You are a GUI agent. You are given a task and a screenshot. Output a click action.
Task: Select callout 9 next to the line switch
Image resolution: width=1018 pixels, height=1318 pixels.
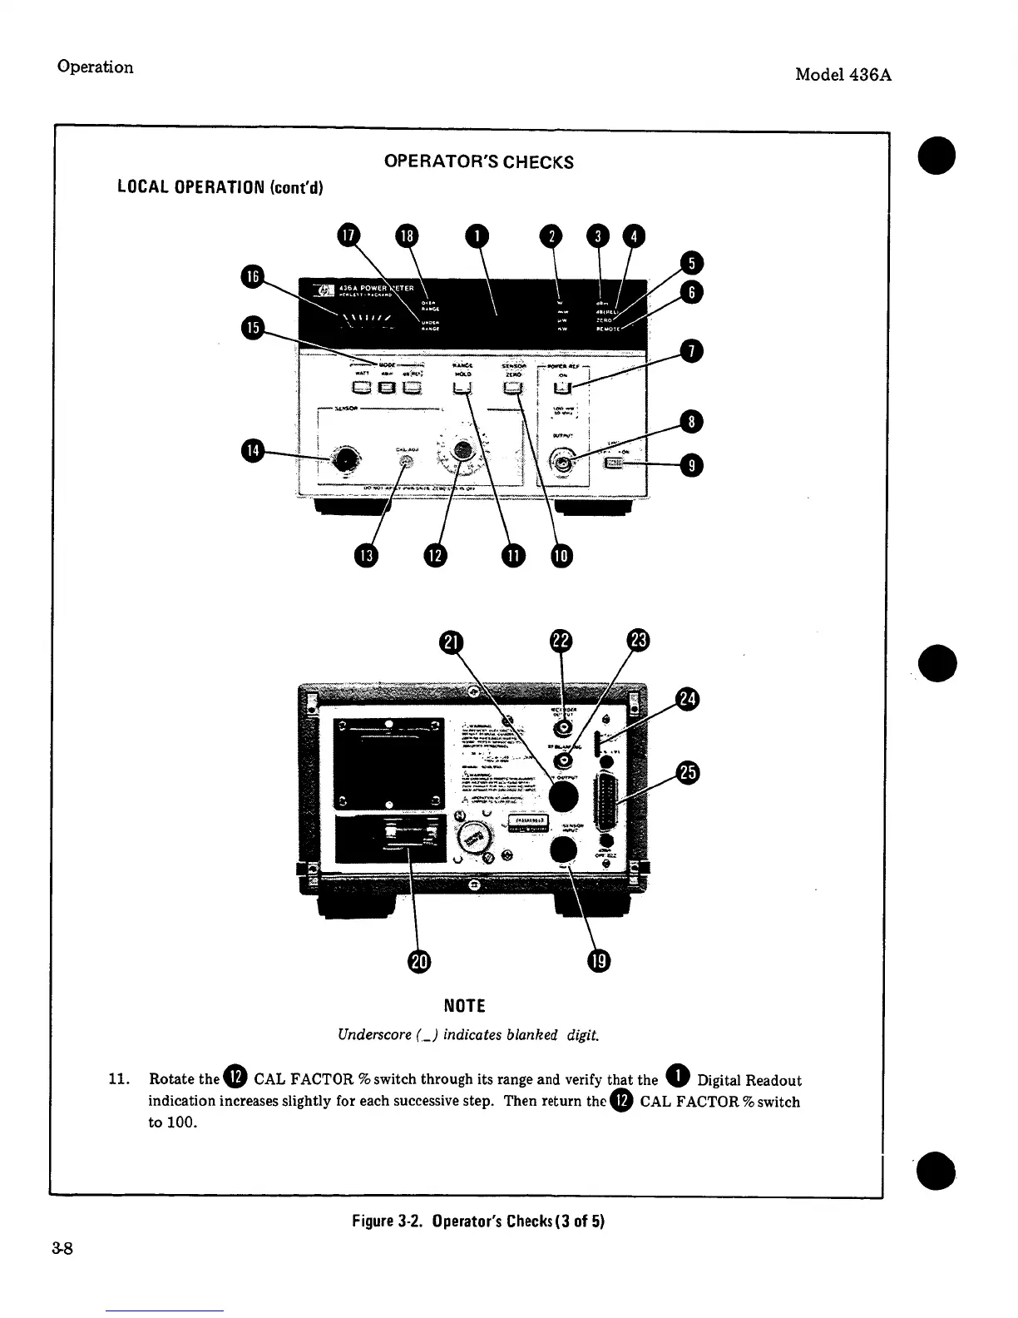click(x=691, y=466)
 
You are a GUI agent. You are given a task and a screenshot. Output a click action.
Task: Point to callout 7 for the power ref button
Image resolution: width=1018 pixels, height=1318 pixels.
click(x=691, y=352)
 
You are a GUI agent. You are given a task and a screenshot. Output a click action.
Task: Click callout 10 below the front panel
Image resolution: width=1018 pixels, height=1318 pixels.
click(x=561, y=556)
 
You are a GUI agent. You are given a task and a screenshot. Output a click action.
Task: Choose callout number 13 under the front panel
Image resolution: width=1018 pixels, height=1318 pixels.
click(x=364, y=556)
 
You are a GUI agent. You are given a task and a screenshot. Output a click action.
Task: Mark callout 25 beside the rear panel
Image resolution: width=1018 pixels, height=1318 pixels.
click(x=688, y=773)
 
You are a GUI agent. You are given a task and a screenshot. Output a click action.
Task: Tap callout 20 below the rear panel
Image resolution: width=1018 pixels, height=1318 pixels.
click(x=418, y=961)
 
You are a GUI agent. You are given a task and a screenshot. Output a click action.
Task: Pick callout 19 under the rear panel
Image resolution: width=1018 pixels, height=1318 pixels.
click(x=599, y=961)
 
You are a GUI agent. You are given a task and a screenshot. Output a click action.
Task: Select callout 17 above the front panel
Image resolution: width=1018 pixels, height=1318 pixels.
click(x=348, y=235)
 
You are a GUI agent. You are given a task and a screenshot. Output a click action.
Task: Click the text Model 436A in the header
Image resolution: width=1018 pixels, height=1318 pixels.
click(x=843, y=74)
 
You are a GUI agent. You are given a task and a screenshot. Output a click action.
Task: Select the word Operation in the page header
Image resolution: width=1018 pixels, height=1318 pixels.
click(x=95, y=67)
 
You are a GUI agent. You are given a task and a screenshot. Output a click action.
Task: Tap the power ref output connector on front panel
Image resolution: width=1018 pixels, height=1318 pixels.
click(x=564, y=464)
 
